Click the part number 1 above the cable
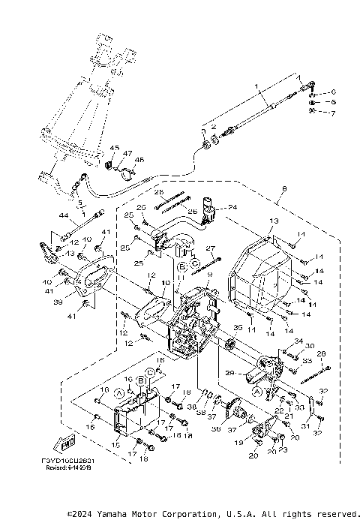pyautogui.click(x=255, y=88)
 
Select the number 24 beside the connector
pyautogui.click(x=232, y=207)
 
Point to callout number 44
pyautogui.click(x=64, y=215)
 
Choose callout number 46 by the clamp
pyautogui.click(x=138, y=160)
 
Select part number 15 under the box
pyautogui.click(x=115, y=445)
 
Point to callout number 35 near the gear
pyautogui.click(x=238, y=328)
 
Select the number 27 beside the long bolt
pyautogui.click(x=211, y=248)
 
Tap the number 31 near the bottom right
pyautogui.click(x=305, y=425)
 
